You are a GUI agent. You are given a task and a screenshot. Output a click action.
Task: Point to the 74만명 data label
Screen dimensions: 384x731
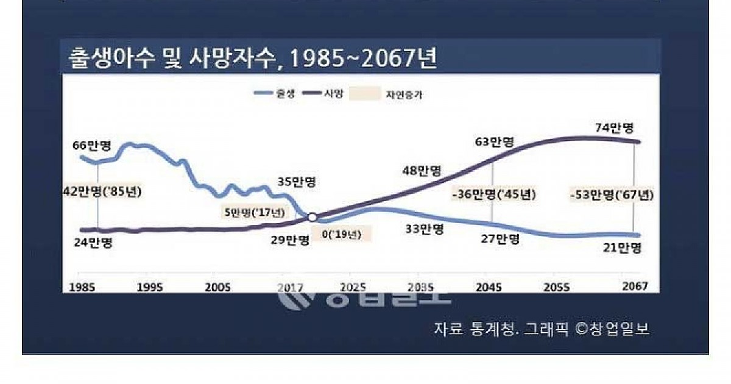click(614, 128)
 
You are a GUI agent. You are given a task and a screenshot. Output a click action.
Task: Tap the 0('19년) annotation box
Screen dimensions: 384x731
click(341, 235)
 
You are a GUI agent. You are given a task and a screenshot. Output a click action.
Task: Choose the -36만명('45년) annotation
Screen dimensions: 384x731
click(494, 196)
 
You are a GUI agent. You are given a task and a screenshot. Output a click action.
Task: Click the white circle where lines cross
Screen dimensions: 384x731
click(313, 217)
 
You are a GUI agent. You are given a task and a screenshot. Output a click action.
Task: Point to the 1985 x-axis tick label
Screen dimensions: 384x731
click(82, 287)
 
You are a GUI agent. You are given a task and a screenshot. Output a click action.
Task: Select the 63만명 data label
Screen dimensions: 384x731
click(494, 142)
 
